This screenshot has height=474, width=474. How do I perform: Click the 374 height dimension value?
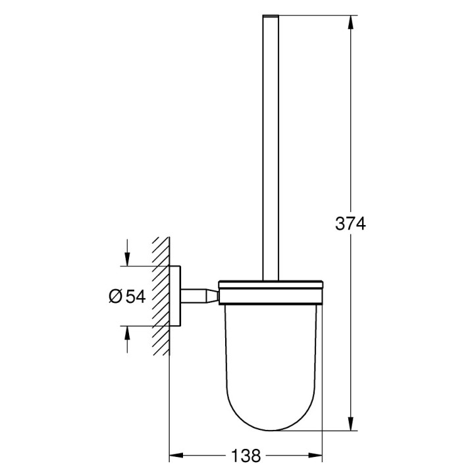point(350,224)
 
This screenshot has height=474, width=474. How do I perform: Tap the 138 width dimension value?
point(246,456)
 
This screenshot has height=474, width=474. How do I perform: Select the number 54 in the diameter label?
point(135,297)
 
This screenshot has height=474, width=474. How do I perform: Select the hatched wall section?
point(161,296)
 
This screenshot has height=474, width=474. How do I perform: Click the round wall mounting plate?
point(176,296)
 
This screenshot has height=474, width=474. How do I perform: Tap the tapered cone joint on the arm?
point(212,296)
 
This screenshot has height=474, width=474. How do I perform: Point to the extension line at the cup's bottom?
point(316,431)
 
